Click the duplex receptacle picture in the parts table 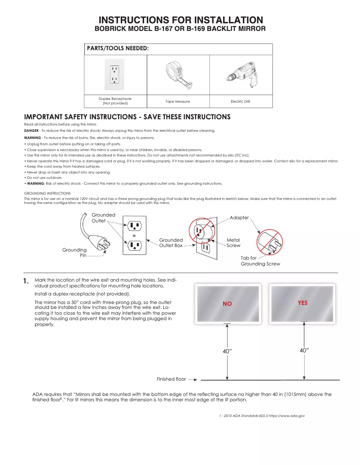pos(115,74)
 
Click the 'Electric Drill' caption pos(240,102)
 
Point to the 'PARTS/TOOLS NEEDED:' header pos(118,48)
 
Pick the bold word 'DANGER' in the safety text pos(31,130)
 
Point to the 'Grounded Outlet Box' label pos(171,243)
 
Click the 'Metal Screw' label pos(233,243)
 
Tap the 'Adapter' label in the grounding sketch pos(239,217)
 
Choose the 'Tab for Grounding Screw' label pos(260,261)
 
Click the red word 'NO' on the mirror pos(227,304)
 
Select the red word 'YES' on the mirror pos(303,303)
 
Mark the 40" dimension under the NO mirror pos(228,352)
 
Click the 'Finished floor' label pos(171,379)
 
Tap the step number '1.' pos(26,282)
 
